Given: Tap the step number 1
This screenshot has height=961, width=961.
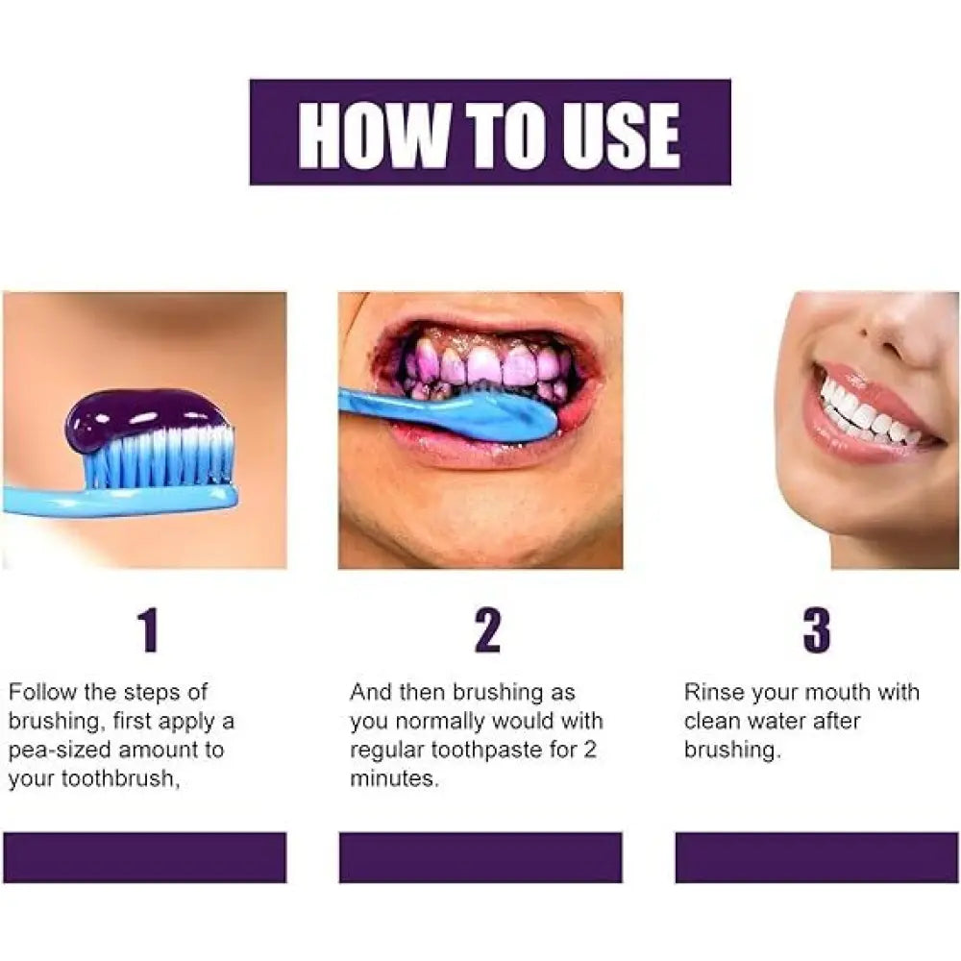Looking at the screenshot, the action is pyautogui.click(x=149, y=629).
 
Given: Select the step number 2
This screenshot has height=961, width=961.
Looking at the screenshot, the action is pyautogui.click(x=487, y=629).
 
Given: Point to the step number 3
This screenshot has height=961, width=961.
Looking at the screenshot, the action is pyautogui.click(x=817, y=629).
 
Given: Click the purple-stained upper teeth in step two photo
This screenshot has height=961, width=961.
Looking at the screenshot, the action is pyautogui.click(x=484, y=364).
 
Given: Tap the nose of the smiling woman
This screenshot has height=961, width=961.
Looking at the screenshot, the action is pyautogui.click(x=904, y=331).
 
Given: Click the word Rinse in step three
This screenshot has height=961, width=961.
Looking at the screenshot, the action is pyautogui.click(x=713, y=692).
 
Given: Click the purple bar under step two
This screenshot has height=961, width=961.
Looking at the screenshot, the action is pyautogui.click(x=480, y=857).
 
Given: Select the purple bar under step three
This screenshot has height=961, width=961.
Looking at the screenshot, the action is pyautogui.click(x=817, y=857).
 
